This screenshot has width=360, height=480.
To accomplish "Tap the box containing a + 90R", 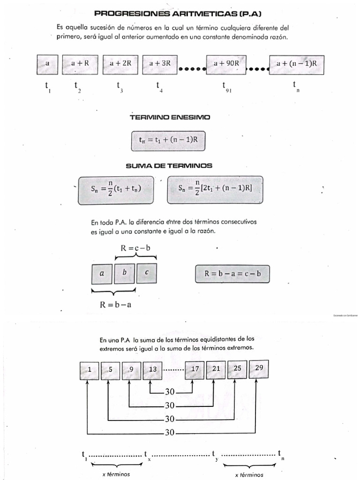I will [x=226, y=63].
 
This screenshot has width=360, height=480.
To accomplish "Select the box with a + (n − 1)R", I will [x=297, y=63].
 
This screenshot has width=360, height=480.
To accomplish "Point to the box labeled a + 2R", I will [x=120, y=63].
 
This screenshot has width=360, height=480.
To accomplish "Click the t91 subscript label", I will [x=226, y=87].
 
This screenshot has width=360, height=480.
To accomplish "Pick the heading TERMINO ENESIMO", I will [x=170, y=117].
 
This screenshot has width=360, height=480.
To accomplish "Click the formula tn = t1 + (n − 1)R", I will [x=168, y=139].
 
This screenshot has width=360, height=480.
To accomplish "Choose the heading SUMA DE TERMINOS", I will [x=169, y=165].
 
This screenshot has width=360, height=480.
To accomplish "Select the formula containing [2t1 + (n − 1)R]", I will [x=215, y=189].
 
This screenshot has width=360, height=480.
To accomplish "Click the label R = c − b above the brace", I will [x=135, y=248].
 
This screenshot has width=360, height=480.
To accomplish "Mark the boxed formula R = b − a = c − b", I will [x=232, y=274].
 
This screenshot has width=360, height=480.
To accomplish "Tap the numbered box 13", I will [x=152, y=369].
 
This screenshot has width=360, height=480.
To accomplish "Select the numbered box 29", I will [x=259, y=368].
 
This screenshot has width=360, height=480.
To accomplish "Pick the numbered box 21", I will [x=216, y=369].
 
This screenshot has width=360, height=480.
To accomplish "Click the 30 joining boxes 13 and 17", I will [x=170, y=392].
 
